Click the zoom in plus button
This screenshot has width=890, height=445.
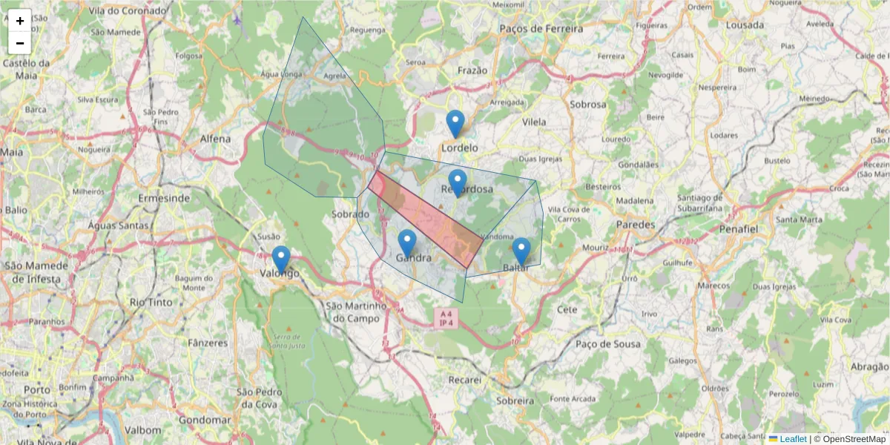pyautogui.click(x=20, y=21)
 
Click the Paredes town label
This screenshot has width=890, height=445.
pyautogui.click(x=636, y=224)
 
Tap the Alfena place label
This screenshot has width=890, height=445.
pyautogui.click(x=215, y=139)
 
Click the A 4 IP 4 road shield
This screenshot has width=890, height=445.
pyautogui.click(x=446, y=318)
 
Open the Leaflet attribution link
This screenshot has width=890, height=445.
pyautogui.click(x=793, y=439)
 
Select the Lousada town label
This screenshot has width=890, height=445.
pyautogui.click(x=745, y=24)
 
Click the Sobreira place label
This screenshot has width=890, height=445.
pyautogui.click(x=515, y=400)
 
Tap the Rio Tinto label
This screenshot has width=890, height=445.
pyautogui.click(x=151, y=302)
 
